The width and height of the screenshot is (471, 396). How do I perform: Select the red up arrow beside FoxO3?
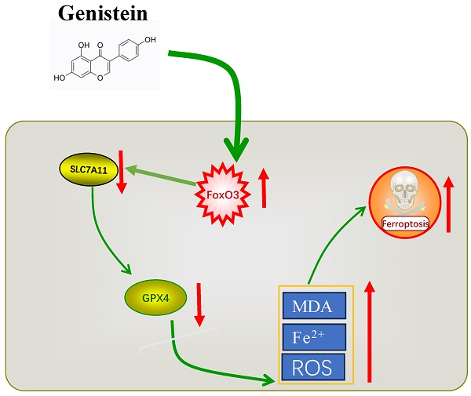click(264, 187)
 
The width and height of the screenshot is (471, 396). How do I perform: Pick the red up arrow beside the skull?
click(449, 204)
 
